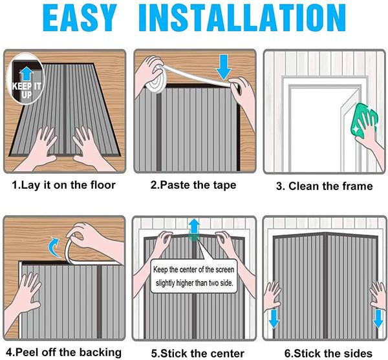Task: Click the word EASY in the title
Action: point(80,18)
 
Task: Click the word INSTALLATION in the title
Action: point(242,18)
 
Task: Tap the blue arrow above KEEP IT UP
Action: point(27,74)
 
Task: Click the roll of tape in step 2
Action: point(155,82)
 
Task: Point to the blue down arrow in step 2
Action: point(224,67)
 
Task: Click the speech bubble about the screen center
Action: point(194,276)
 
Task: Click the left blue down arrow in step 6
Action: point(274,319)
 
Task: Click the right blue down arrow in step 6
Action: point(378,319)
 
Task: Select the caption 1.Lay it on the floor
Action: point(64,185)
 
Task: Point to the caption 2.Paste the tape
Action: point(193,185)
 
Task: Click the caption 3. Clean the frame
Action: point(324,186)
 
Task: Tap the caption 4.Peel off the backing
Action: point(63,352)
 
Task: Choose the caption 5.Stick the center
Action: point(198,353)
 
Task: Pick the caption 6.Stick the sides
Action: point(329,353)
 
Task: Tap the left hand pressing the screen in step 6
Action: point(272,296)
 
